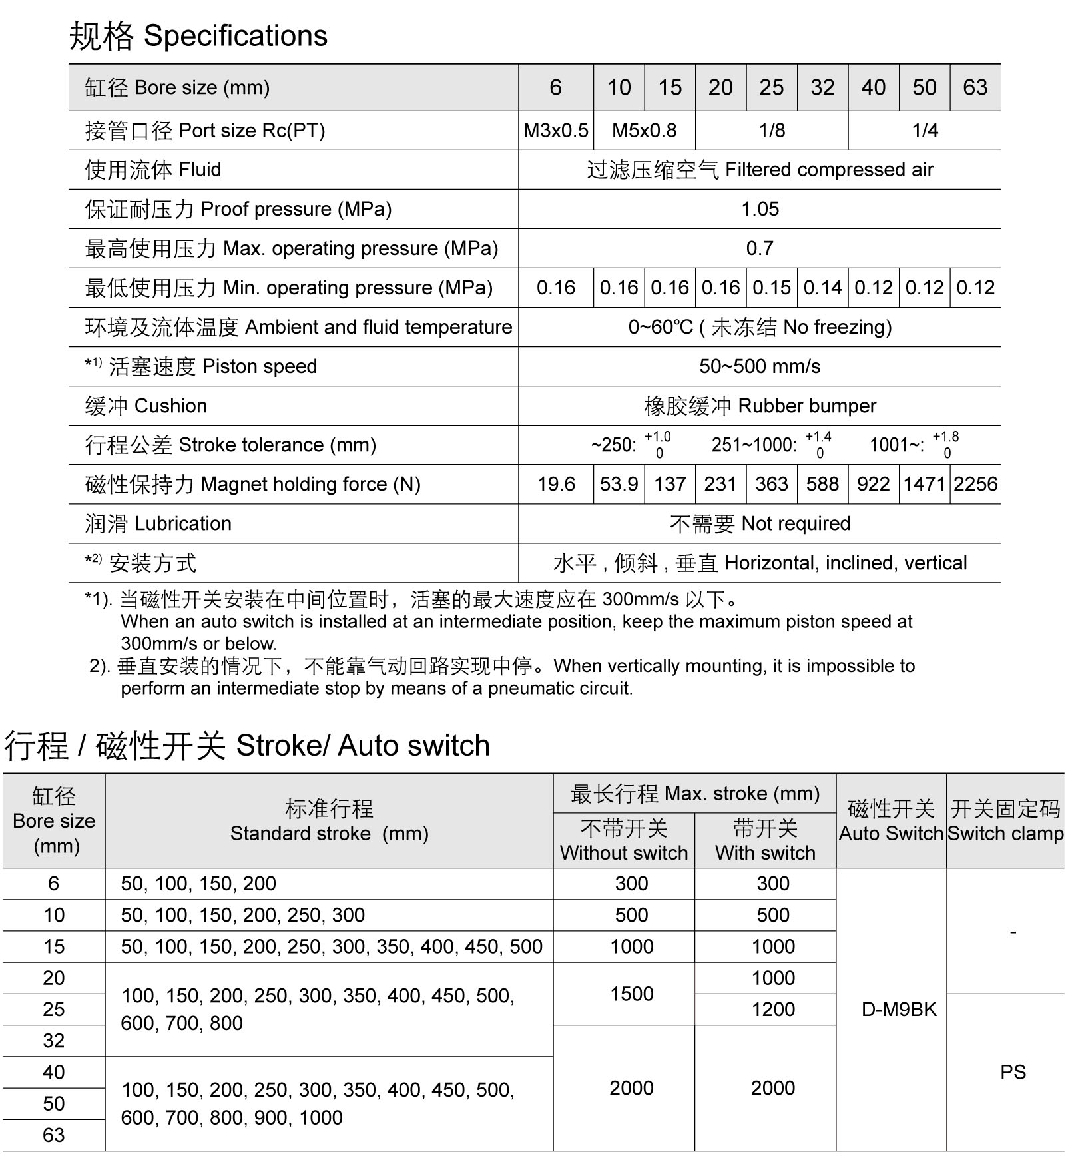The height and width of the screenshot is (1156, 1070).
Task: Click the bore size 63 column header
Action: click(x=975, y=87)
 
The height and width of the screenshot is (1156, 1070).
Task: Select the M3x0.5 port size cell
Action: click(x=555, y=130)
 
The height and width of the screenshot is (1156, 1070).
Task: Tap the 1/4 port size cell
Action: click(x=924, y=130)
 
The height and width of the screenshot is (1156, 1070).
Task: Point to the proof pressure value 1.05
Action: click(x=760, y=209)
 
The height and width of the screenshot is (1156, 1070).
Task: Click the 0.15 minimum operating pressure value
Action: click(x=771, y=288)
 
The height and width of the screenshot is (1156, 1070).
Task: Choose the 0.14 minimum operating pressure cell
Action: click(x=822, y=288)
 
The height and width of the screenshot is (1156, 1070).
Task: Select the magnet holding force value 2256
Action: click(x=975, y=484)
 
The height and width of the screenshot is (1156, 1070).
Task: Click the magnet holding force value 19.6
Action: click(x=556, y=484)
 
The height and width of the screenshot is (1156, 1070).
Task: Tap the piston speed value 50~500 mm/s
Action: click(x=760, y=366)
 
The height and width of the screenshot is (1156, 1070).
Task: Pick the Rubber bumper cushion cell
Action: click(x=760, y=406)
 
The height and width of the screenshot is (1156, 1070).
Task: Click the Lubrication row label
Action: click(x=158, y=523)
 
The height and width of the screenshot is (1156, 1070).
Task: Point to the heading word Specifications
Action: click(x=236, y=36)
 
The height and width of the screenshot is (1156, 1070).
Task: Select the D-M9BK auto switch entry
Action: click(x=899, y=1010)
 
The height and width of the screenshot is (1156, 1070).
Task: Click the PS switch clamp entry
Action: click(x=1013, y=1072)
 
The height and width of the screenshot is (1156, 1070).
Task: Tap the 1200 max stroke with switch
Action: click(x=773, y=1010)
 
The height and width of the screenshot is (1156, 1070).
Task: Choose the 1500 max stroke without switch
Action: click(x=631, y=994)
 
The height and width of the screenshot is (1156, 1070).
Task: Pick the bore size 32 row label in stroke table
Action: click(x=54, y=1041)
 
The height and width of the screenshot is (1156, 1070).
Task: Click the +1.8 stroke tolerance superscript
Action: click(x=945, y=437)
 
